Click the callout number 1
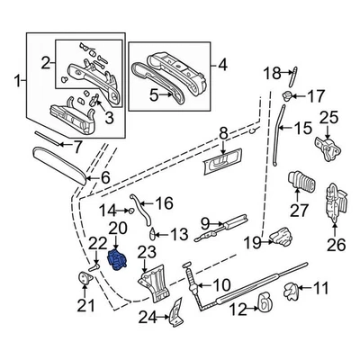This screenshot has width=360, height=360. click(x=10, y=84)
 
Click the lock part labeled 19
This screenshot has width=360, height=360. click(x=282, y=238)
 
